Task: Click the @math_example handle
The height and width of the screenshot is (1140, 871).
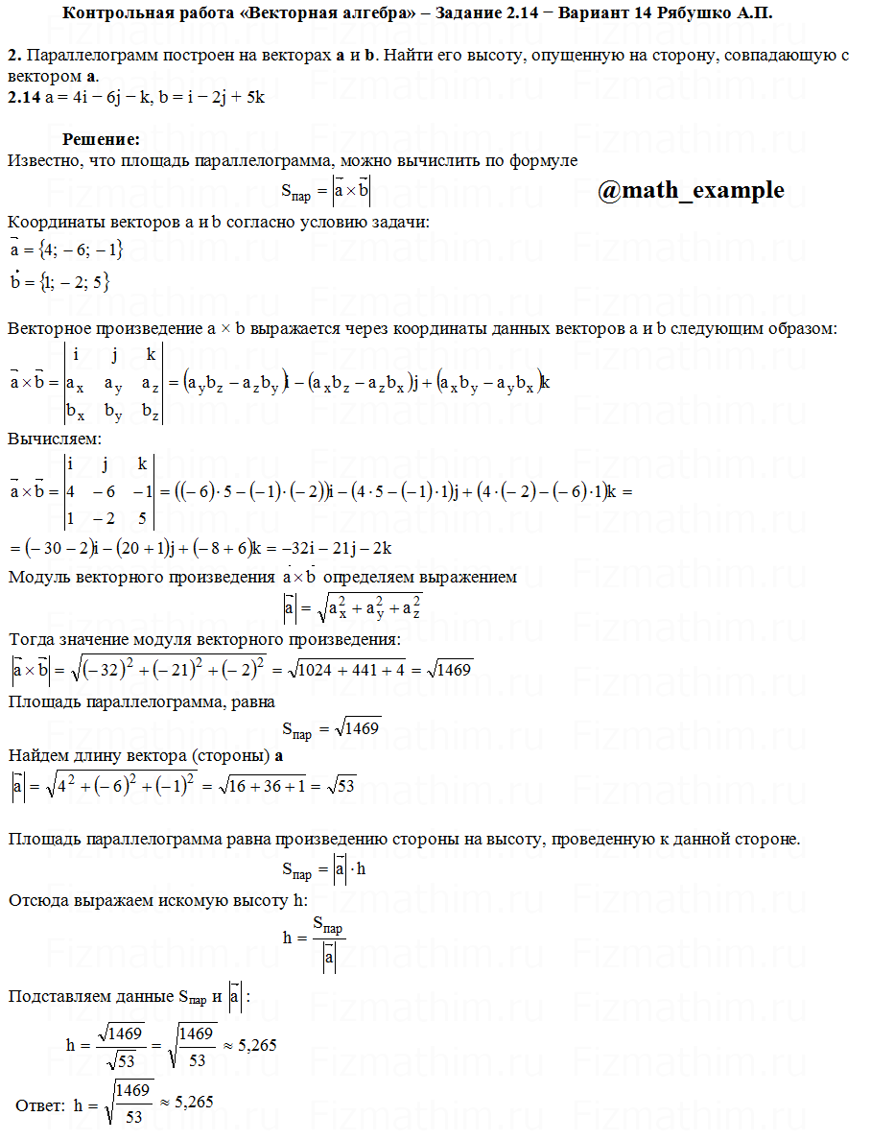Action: pyautogui.click(x=690, y=191)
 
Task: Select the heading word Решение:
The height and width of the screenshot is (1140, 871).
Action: pyautogui.click(x=101, y=139)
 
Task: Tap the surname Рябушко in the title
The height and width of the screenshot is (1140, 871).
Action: pyautogui.click(x=695, y=13)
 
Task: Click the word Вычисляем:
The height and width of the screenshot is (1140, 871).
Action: pyautogui.click(x=54, y=439)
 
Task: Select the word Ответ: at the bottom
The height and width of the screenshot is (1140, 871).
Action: pyautogui.click(x=40, y=1104)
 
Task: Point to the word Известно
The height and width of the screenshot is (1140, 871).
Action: pyautogui.click(x=43, y=160)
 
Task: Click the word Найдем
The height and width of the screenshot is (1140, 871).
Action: pyautogui.click(x=38, y=756)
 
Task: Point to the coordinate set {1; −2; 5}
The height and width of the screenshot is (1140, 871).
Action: pyautogui.click(x=75, y=282)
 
